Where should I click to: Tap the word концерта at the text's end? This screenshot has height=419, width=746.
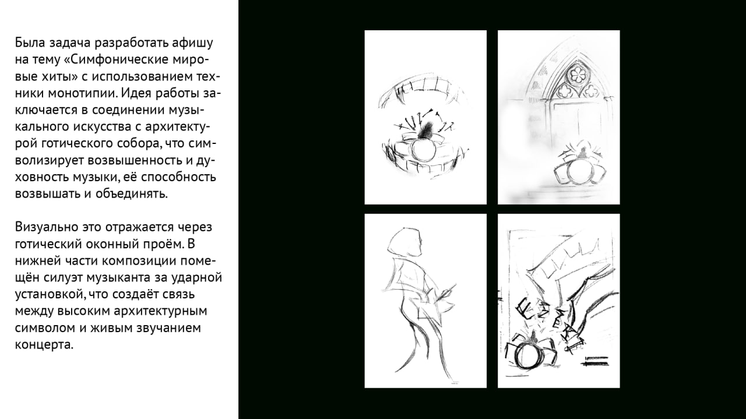(x=44, y=344)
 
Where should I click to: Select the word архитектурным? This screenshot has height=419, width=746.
(x=160, y=311)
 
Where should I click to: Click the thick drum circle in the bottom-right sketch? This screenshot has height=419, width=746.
(x=526, y=355)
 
